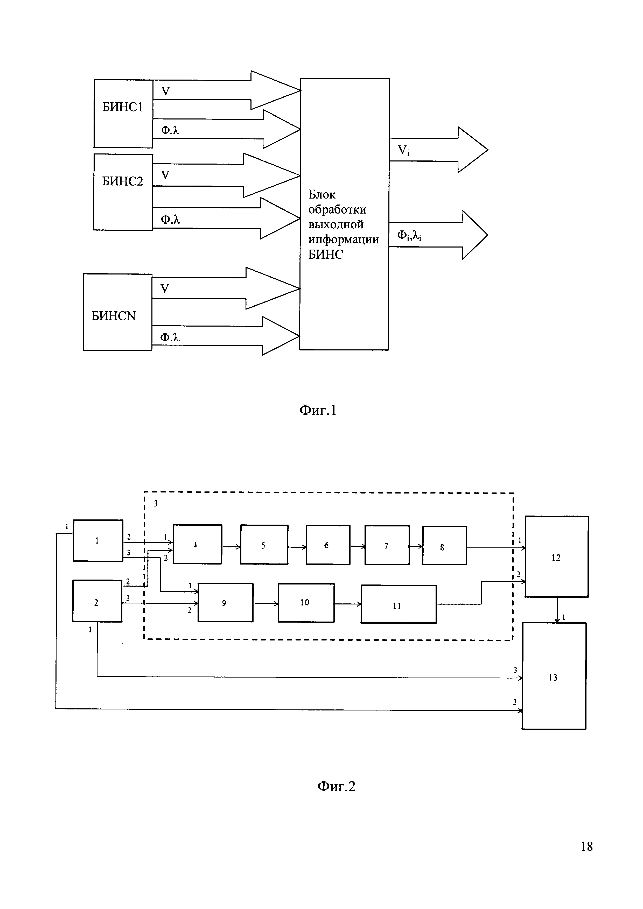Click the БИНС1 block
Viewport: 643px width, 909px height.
pyautogui.click(x=123, y=114)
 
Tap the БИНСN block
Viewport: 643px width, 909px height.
pyautogui.click(x=118, y=312)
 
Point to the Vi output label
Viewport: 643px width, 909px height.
pyautogui.click(x=403, y=150)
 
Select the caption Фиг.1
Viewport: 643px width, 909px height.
pyautogui.click(x=318, y=410)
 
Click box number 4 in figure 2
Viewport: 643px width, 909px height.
pyautogui.click(x=198, y=544)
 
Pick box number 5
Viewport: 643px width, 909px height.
pyautogui.click(x=264, y=544)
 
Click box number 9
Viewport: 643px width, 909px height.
pyautogui.click(x=225, y=602)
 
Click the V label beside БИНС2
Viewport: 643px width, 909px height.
pyautogui.click(x=165, y=175)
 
